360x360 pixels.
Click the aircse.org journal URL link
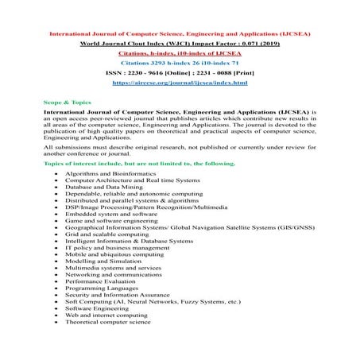coord(180,83)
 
